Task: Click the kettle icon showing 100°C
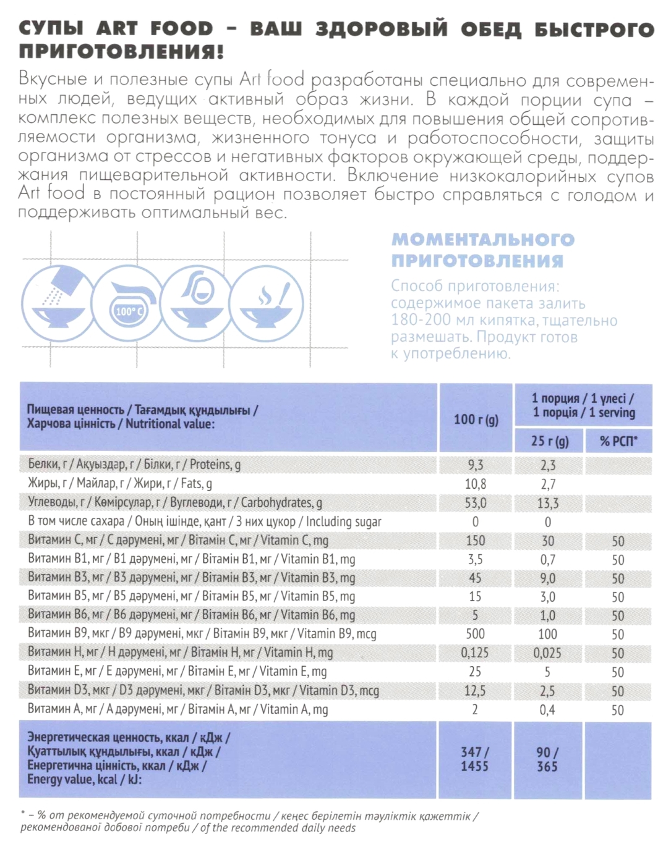(x=128, y=303)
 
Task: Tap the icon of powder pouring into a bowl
(x=59, y=303)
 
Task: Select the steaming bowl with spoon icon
(x=267, y=303)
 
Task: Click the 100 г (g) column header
(x=476, y=420)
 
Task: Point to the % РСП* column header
(x=618, y=441)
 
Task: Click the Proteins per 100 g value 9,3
(x=475, y=465)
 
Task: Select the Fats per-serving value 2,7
(x=548, y=484)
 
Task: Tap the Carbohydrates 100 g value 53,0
(x=475, y=503)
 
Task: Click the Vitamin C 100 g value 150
(x=475, y=541)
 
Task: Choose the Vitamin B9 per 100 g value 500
(x=475, y=634)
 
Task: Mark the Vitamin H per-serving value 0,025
(x=548, y=653)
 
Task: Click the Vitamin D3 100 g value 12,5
(x=475, y=691)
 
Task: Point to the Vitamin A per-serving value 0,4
(x=547, y=710)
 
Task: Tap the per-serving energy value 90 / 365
(x=547, y=759)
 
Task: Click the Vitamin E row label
(x=177, y=672)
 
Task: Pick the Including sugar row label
(x=204, y=522)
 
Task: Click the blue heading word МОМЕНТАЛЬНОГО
(x=483, y=240)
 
